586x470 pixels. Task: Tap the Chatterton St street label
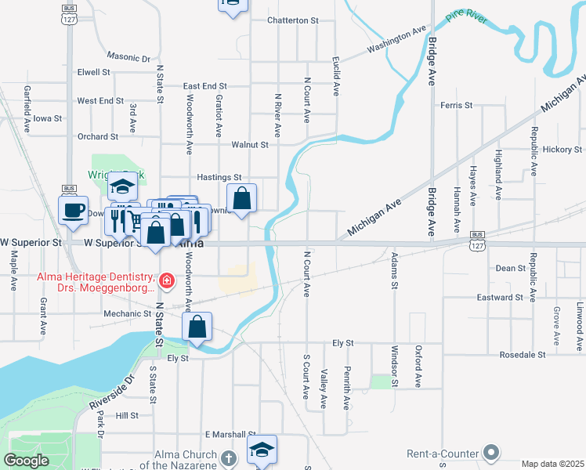point(294,20)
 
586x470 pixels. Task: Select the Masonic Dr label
point(128,58)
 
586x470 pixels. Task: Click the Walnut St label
point(250,145)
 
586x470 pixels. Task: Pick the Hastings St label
point(219,178)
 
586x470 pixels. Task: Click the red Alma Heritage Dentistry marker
point(165,280)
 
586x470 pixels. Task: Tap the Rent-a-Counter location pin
point(491,453)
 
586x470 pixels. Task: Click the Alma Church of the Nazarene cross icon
point(227,457)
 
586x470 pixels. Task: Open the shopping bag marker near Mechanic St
point(197,326)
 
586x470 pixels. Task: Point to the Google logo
point(27,460)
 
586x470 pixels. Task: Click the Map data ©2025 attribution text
point(552,464)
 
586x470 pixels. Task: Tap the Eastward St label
point(501,298)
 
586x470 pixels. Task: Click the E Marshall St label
point(230,434)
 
